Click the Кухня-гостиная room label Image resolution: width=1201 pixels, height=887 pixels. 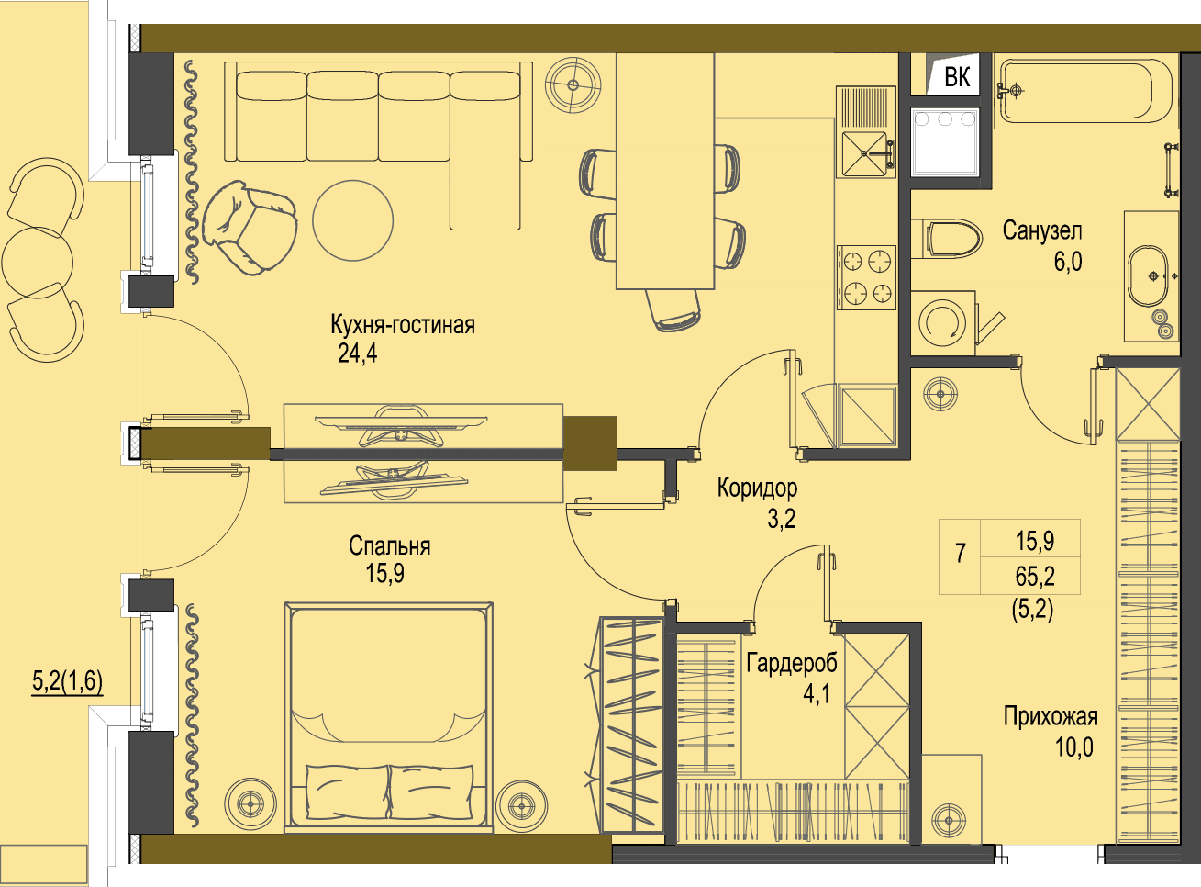[403, 325]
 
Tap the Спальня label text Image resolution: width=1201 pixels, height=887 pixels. [389, 546]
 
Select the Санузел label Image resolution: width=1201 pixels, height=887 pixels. [1042, 230]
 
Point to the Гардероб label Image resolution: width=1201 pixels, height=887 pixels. [792, 663]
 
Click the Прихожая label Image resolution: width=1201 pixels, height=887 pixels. [1051, 717]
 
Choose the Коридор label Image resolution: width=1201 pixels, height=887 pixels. [757, 488]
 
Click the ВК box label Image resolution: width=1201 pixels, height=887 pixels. [957, 77]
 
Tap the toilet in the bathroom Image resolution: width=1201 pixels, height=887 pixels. [947, 239]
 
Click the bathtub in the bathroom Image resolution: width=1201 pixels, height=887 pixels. [1085, 91]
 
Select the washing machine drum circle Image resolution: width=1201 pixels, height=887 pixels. [942, 322]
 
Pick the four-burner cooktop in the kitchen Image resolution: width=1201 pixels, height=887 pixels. [867, 277]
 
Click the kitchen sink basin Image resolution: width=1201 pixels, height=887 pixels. [863, 154]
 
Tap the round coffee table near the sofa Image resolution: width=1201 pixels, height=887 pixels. [353, 220]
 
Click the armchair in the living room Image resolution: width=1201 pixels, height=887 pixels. [249, 228]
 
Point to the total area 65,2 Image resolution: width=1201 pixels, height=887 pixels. [1034, 576]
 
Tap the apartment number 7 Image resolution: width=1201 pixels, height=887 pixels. [960, 553]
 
